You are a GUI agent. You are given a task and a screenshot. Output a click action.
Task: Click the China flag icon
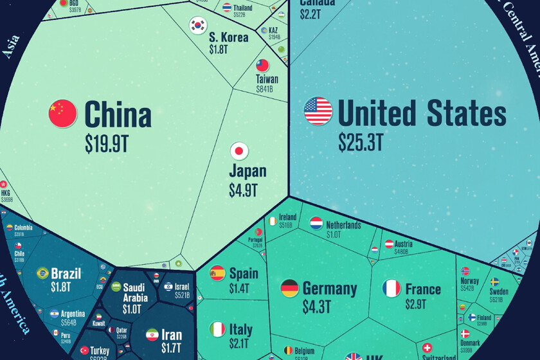[x=62, y=113]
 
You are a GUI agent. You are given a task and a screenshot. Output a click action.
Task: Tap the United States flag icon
[x=318, y=111]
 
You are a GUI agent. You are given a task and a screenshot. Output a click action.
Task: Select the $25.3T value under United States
[x=361, y=143]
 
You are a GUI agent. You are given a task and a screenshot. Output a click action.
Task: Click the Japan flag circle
[x=239, y=151]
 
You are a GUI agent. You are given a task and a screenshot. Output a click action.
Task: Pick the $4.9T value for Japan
[x=243, y=190]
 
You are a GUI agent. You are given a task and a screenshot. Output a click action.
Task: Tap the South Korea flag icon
[x=197, y=25]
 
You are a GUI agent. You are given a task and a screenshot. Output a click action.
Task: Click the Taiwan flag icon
[x=263, y=65]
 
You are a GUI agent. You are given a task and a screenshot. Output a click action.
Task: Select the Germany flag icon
[x=289, y=288]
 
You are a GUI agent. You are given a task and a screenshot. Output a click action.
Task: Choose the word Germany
[x=329, y=288]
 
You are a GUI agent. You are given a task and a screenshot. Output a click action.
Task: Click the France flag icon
[x=392, y=288]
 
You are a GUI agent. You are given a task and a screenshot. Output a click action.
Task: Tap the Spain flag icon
[x=217, y=273]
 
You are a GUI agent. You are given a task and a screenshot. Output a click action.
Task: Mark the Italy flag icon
[x=217, y=330]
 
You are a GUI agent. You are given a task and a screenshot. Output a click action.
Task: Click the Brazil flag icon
[x=43, y=273]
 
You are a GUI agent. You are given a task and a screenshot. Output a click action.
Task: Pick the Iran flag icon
[x=152, y=335]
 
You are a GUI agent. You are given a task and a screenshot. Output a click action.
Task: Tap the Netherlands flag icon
[x=316, y=223]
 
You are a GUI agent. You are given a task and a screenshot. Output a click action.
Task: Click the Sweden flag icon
[x=495, y=282]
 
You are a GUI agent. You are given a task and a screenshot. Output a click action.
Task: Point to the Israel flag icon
[x=168, y=287]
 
